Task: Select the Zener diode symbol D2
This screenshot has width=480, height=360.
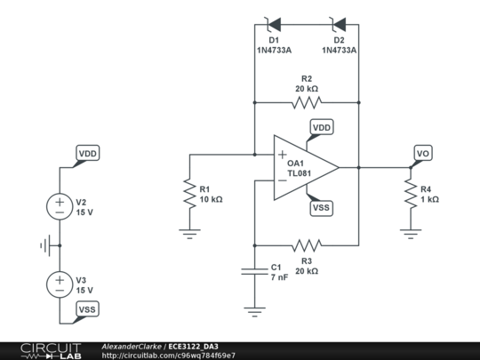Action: pyautogui.click(x=339, y=24)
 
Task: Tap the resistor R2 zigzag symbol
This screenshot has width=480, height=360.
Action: pyautogui.click(x=307, y=103)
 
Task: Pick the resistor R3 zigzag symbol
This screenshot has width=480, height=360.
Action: pyautogui.click(x=307, y=244)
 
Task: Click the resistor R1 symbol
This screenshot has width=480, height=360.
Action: pyautogui.click(x=189, y=194)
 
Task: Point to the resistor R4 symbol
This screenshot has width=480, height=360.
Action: pyautogui.click(x=411, y=195)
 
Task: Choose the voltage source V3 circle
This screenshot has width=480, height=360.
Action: pyautogui.click(x=60, y=284)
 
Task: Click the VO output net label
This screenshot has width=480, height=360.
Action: pyautogui.click(x=423, y=154)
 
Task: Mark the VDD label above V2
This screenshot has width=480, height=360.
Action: pyautogui.click(x=87, y=154)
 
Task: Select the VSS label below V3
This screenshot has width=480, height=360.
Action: pyautogui.click(x=87, y=308)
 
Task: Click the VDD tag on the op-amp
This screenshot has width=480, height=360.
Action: pyautogui.click(x=322, y=128)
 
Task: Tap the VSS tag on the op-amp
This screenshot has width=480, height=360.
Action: pyautogui.click(x=322, y=207)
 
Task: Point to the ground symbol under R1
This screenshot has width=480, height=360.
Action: pyautogui.click(x=189, y=233)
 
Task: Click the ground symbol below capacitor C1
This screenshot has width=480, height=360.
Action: pyautogui.click(x=254, y=310)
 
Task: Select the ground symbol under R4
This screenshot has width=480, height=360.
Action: pyautogui.click(x=411, y=233)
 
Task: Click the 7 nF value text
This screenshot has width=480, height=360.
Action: pyautogui.click(x=279, y=277)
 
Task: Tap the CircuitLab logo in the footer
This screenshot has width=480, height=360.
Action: pyautogui.click(x=50, y=350)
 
